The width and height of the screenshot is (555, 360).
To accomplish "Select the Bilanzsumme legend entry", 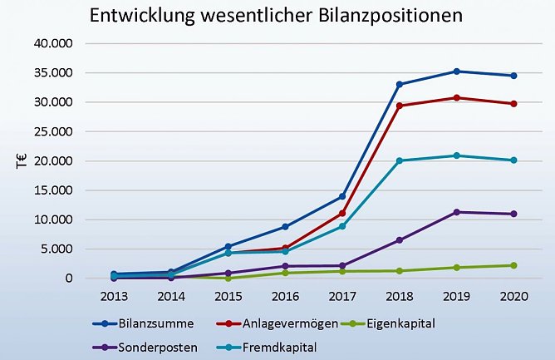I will (150, 323).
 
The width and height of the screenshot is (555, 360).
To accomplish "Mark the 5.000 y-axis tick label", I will (59, 249).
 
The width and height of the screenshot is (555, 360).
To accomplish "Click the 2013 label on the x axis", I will (113, 295).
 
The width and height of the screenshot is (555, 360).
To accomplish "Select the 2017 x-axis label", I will (342, 295).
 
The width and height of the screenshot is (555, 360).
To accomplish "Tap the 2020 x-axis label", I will (513, 295).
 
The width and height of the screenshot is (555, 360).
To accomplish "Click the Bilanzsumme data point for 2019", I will (456, 72).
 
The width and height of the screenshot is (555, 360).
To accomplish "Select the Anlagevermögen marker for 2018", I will (400, 106).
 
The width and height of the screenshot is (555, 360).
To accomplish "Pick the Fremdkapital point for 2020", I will (513, 160).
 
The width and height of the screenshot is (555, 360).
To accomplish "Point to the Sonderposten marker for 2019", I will (456, 212).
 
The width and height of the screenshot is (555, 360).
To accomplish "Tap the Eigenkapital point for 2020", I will (513, 265).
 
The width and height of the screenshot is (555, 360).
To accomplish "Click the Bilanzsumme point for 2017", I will (342, 196).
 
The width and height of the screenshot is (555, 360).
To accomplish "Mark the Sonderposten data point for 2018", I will (400, 240).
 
